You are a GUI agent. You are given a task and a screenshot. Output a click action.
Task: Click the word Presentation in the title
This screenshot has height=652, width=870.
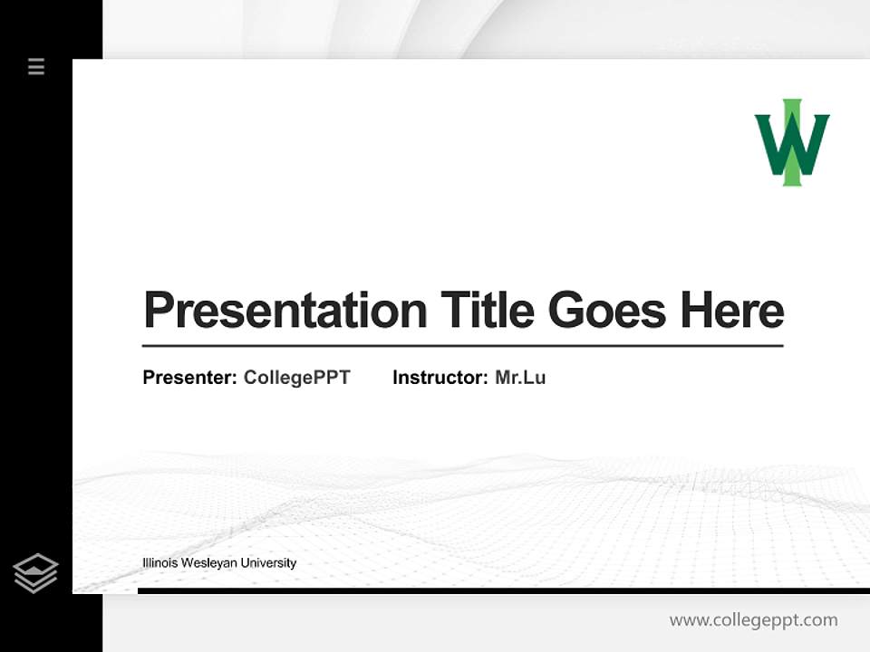coord(285,312)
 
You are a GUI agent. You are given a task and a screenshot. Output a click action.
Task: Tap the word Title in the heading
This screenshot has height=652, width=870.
coord(488,311)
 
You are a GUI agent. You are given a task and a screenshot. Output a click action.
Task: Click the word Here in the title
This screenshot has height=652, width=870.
coord(731,311)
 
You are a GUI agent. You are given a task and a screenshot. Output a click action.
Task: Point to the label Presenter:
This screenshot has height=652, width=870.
coord(189,378)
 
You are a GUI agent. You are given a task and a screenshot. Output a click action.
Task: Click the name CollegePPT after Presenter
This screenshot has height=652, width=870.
coord(296,378)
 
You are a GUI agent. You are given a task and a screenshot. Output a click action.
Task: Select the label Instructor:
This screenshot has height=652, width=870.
coord(440,378)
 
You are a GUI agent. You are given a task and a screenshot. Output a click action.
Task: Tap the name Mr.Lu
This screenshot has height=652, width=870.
coord(520,378)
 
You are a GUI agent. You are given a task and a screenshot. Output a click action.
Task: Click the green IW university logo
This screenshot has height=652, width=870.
coord(792,143)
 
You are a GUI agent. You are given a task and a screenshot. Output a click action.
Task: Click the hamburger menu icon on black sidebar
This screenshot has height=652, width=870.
coord(36,66)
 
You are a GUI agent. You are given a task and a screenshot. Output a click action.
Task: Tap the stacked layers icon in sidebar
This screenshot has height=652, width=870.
coord(35,573)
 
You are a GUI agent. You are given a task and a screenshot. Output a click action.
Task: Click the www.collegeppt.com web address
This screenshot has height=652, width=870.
coord(753,620)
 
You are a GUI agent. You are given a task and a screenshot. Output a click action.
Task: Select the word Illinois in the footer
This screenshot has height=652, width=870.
coord(159,563)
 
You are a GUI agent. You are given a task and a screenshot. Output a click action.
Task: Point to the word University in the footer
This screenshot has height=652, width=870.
coord(268,563)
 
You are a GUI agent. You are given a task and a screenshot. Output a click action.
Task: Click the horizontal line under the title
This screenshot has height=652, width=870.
coord(462,346)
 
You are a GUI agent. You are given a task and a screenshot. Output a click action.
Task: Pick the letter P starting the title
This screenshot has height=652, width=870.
coord(159,311)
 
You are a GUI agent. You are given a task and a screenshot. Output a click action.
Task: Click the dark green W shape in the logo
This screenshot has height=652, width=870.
coord(771,145)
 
